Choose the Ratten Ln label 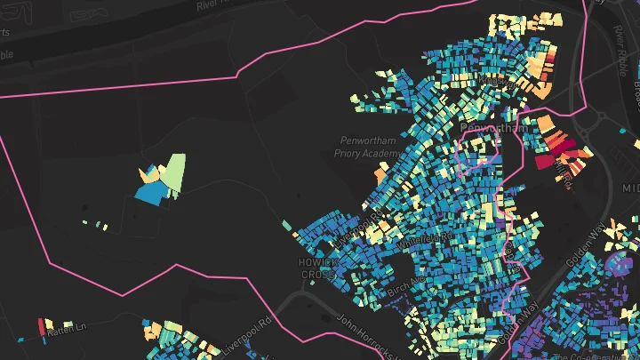(x=68, y=329)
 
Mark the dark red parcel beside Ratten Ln (x=41, y=326)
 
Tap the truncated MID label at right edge (x=630, y=188)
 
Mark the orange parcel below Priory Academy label (x=380, y=176)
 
